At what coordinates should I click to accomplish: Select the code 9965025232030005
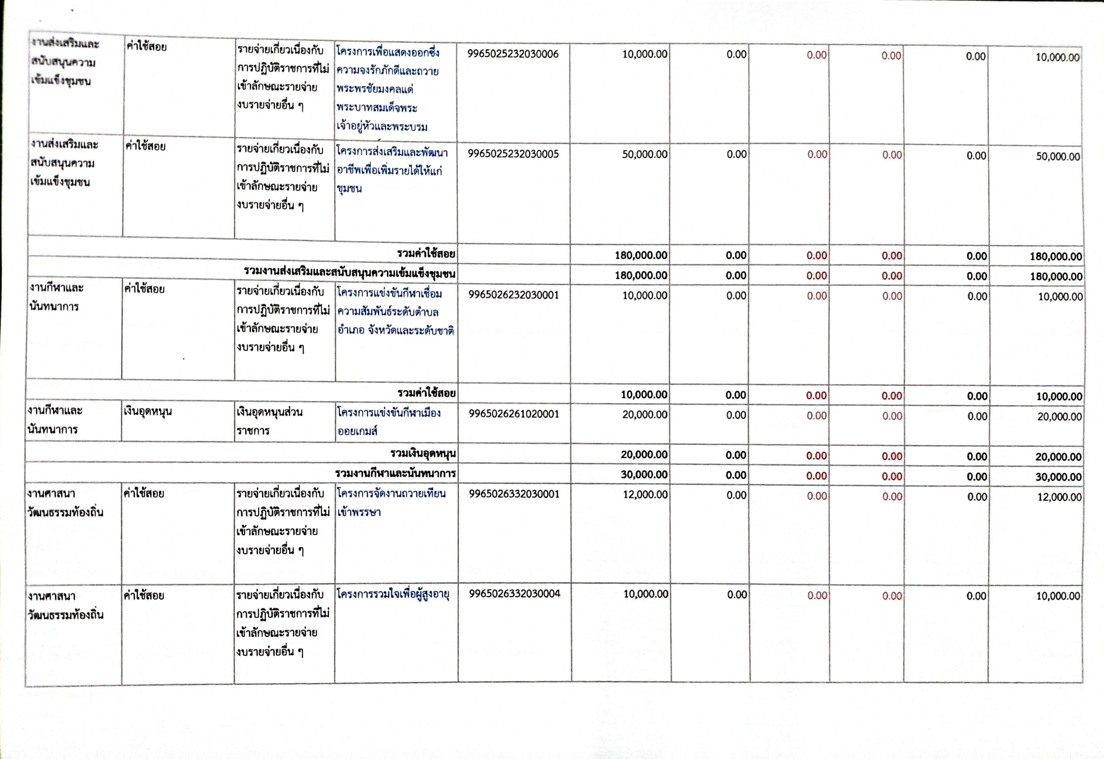tap(513, 154)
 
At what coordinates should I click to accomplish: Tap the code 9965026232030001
tap(514, 295)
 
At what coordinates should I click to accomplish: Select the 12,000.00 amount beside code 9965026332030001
tap(645, 494)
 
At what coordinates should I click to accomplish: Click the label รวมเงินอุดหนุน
tap(423, 454)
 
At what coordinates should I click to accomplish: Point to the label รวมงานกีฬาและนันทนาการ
tap(395, 474)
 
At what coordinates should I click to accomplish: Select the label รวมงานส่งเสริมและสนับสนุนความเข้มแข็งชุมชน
tap(350, 274)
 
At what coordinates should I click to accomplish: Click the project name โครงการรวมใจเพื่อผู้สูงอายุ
tap(393, 594)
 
